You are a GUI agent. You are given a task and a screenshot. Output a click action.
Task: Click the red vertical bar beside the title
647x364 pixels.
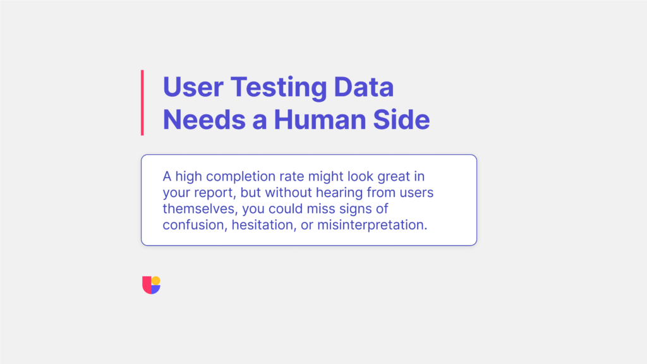coord(142,102)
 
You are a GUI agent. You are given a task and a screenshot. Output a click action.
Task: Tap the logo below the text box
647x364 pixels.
coord(152,285)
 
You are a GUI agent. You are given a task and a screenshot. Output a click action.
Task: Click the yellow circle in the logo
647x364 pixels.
coord(156,281)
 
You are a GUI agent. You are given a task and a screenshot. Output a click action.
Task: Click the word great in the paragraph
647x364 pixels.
coord(378,176)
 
